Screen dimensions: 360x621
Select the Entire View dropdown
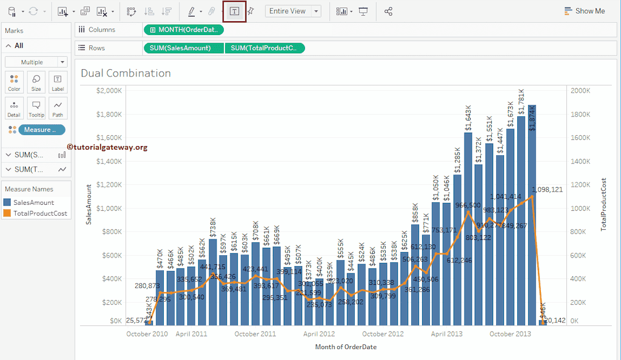[293, 11]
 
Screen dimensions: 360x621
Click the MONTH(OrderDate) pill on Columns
[184, 29]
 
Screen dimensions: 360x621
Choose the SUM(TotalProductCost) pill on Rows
[264, 48]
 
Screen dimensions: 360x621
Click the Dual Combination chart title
[126, 73]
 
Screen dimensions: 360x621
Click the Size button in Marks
[36, 82]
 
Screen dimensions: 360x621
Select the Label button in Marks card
[58, 82]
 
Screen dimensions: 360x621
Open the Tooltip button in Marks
[36, 108]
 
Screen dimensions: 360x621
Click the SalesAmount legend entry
[33, 202]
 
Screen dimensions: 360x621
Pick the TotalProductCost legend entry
[40, 213]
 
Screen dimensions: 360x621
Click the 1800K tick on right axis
[580, 114]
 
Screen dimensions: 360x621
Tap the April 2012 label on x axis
[319, 334]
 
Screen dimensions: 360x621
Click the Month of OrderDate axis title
[346, 347]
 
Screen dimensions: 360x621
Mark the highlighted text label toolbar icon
[235, 11]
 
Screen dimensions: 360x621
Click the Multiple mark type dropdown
[36, 62]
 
